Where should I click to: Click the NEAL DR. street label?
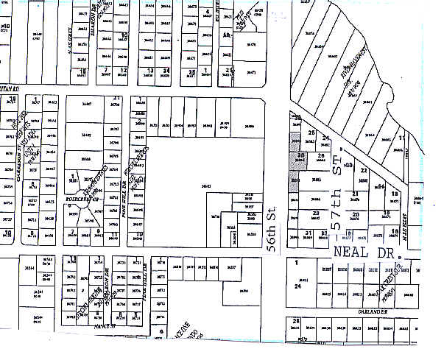364,253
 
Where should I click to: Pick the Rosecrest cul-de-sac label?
74,197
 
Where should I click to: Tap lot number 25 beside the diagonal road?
311,133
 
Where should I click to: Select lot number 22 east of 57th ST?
364,169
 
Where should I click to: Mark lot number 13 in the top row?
150,71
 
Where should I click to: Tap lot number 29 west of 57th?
314,213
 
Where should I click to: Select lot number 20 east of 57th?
356,214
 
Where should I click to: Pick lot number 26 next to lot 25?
301,156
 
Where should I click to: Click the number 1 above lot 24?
297,263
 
